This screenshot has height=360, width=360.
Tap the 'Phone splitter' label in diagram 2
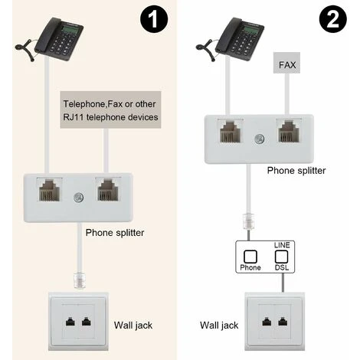coord(296,171)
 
